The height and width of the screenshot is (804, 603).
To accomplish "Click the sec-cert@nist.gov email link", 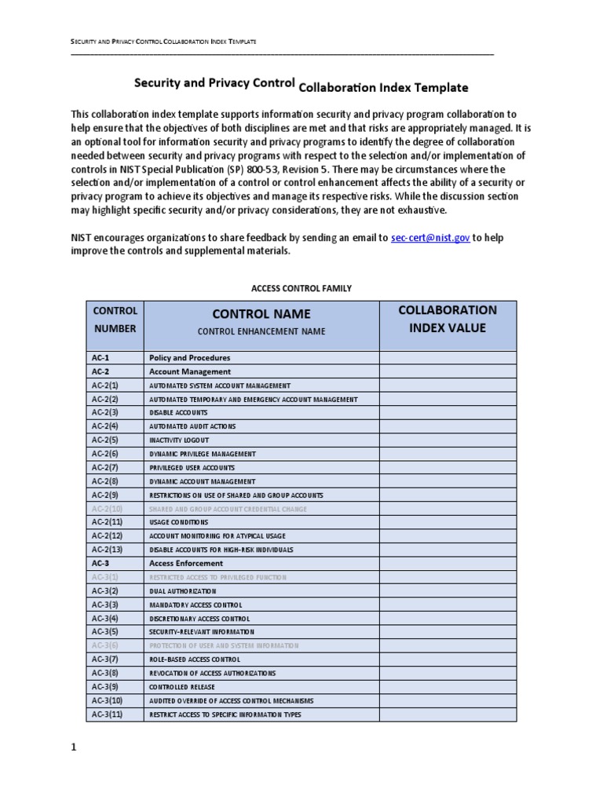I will (x=430, y=238).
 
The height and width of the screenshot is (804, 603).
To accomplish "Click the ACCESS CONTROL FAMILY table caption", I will (x=301, y=289).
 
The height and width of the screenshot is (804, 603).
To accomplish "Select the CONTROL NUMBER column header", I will (x=115, y=320).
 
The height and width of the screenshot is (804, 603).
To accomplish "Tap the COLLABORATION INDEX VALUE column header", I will (x=448, y=319).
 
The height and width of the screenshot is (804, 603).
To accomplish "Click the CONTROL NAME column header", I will (x=261, y=314).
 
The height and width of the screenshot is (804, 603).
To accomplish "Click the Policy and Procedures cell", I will (x=189, y=358).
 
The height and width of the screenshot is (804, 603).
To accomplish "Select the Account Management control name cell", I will (x=190, y=371).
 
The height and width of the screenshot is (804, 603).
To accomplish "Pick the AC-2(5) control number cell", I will (x=104, y=440).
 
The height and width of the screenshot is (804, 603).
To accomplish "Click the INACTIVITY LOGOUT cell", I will (x=179, y=440).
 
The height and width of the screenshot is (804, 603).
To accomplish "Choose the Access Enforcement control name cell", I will (x=188, y=564).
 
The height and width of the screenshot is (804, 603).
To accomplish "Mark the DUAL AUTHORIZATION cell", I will (x=183, y=591).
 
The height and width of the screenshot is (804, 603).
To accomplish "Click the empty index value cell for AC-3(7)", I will (x=448, y=660).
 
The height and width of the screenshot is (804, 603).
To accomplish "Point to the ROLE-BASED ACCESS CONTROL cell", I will (x=196, y=660).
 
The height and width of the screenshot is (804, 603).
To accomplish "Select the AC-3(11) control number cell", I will (x=107, y=714).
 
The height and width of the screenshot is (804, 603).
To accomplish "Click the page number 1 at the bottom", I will (x=74, y=748).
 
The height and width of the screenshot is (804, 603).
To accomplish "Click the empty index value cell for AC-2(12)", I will (x=448, y=536).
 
